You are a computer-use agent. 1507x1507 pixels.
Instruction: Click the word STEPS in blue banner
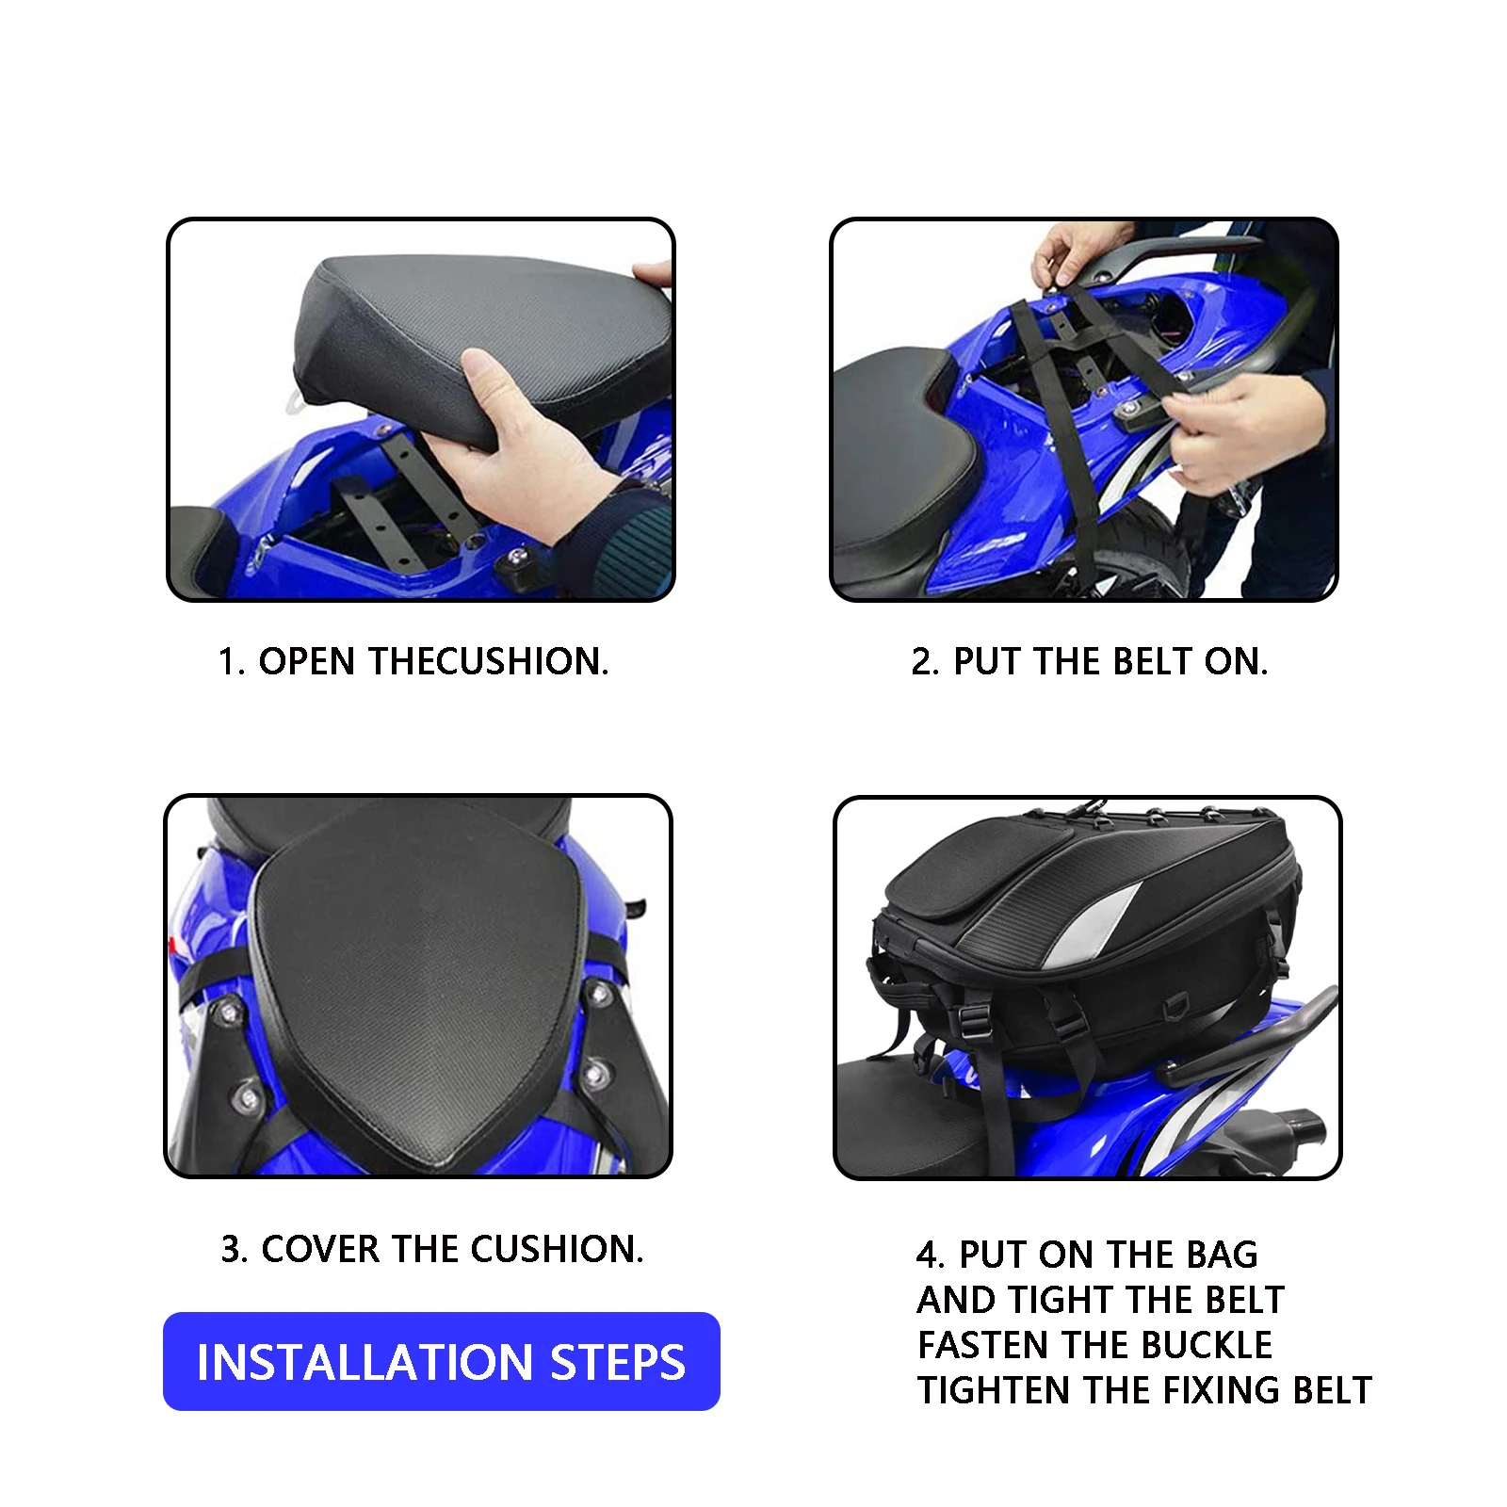[618, 1362]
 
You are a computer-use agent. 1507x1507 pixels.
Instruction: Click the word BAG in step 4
[1222, 1255]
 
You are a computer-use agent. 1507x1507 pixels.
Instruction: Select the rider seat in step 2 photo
[890, 452]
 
